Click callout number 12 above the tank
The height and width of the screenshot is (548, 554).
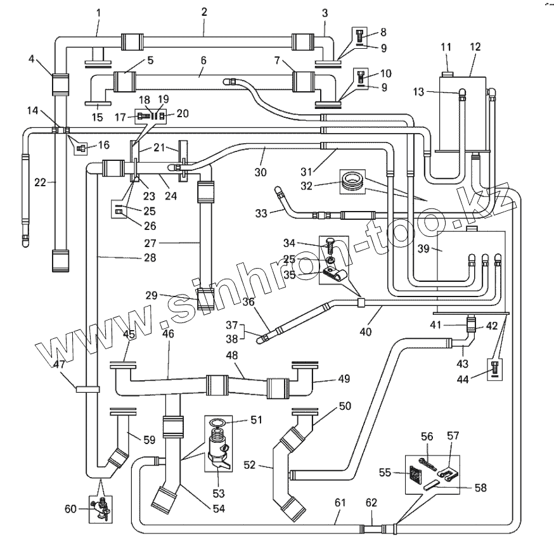(475, 46)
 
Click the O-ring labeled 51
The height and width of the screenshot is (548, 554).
(217, 424)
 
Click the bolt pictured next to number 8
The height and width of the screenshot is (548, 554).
(360, 35)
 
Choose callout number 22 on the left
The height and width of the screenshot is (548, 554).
(39, 183)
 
